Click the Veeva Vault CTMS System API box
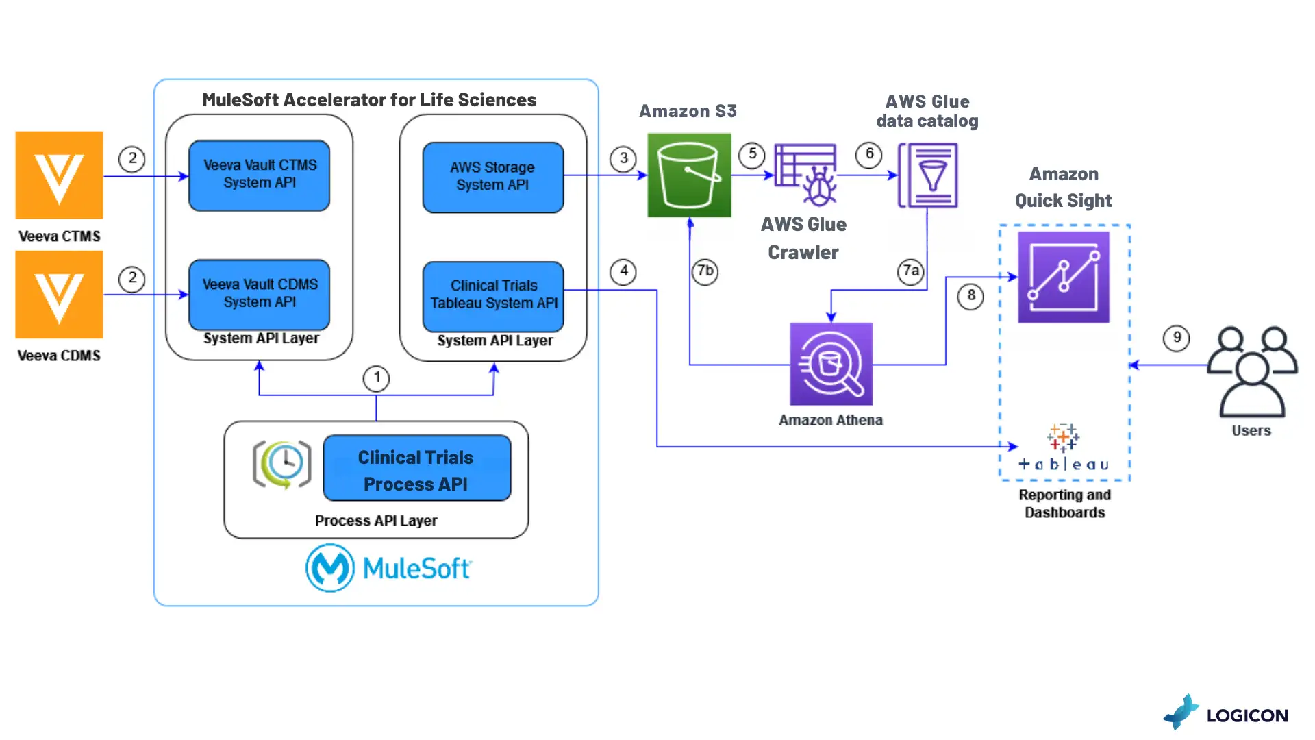[x=259, y=175]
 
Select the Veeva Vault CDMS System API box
[x=259, y=294]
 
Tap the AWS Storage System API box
[x=492, y=177]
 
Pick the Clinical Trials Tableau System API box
[x=493, y=295]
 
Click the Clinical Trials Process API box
[x=416, y=469]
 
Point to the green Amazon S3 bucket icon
[x=689, y=175]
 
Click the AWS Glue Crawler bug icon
[x=806, y=175]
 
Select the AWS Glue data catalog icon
[x=928, y=175]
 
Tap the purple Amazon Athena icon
[x=831, y=365]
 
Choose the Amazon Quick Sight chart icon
[x=1063, y=277]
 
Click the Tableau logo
[x=1063, y=448]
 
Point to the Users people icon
[x=1251, y=371]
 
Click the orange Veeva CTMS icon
[x=60, y=175]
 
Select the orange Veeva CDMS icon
[x=60, y=295]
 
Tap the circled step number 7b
[x=705, y=271]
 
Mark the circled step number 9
[x=1177, y=338]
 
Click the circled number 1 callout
[x=376, y=378]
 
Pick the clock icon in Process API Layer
[x=282, y=464]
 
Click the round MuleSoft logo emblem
[x=330, y=568]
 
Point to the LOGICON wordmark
[x=1247, y=716]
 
